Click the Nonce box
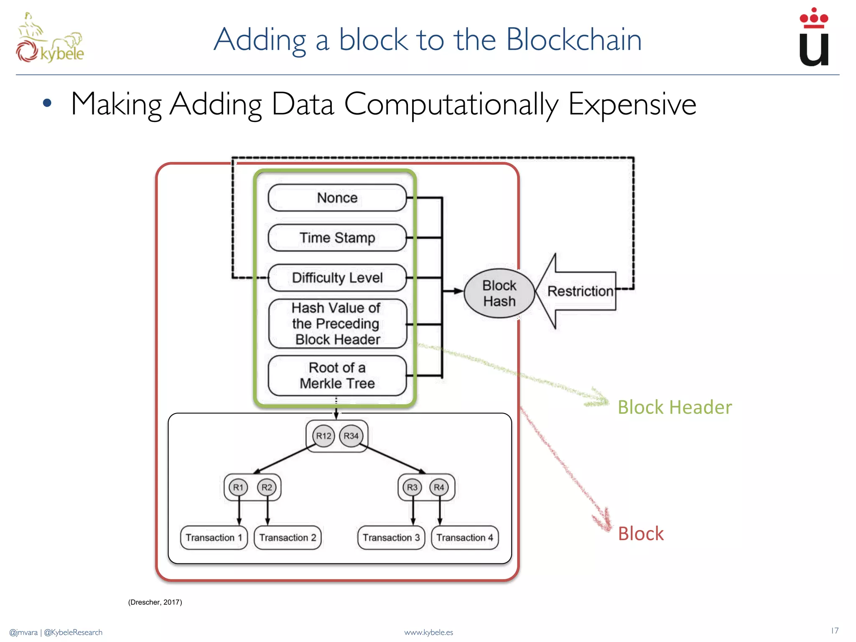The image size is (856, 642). click(337, 198)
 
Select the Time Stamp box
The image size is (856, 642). click(337, 238)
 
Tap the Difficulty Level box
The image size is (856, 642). click(337, 278)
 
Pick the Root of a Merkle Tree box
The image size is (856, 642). click(337, 375)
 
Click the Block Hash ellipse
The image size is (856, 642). click(499, 293)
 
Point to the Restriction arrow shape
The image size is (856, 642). click(579, 291)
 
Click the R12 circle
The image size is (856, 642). click(324, 436)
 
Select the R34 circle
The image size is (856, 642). click(351, 436)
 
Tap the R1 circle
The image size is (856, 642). click(238, 487)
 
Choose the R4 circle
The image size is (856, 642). click(439, 487)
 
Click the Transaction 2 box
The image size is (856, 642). click(288, 538)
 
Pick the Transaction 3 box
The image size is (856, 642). click(391, 538)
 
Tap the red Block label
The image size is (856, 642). click(640, 534)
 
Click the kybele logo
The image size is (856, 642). click(50, 40)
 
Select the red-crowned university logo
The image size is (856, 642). click(813, 38)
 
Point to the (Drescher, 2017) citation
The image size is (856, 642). click(155, 602)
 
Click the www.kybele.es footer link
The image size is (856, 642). click(428, 632)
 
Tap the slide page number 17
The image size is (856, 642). click(834, 631)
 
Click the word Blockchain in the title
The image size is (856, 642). click(573, 40)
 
